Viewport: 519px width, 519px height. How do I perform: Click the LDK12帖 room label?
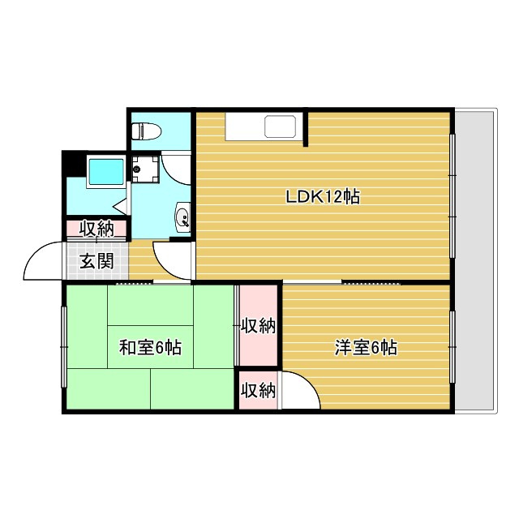coord(322,196)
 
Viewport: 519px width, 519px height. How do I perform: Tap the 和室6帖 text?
coord(150,348)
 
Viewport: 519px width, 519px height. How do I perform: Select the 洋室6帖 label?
coord(366,348)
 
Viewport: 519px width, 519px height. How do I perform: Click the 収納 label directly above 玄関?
coord(96,229)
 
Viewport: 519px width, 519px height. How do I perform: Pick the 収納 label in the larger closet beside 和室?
coord(258,327)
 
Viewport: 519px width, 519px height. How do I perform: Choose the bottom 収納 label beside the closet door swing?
coord(258,390)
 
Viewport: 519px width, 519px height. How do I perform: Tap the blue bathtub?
coord(105,172)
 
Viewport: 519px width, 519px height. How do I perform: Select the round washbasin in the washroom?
coord(182,217)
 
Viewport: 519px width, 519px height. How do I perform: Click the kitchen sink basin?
coord(281,128)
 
